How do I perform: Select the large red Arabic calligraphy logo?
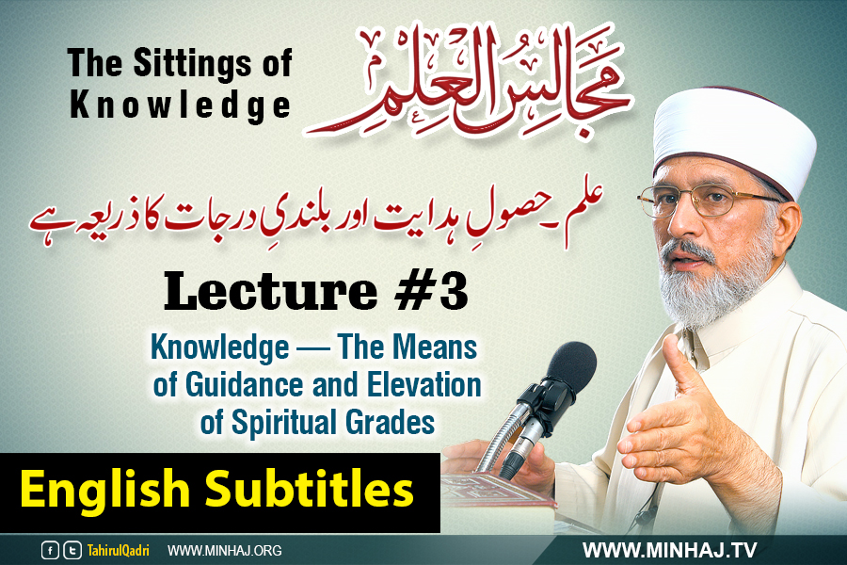[x=468, y=80]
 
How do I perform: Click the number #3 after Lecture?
[x=431, y=292]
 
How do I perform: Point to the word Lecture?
[x=270, y=292]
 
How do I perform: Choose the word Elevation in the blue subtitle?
[x=424, y=385]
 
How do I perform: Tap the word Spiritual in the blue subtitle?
[x=284, y=422]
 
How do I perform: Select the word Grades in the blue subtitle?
[x=390, y=422]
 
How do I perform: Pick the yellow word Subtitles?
[x=310, y=488]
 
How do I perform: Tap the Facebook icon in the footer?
[x=50, y=550]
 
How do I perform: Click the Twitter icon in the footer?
[x=72, y=550]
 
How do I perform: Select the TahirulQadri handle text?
[x=119, y=550]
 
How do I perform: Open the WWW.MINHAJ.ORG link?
[x=225, y=550]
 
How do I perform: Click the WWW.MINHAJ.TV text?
[x=669, y=550]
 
